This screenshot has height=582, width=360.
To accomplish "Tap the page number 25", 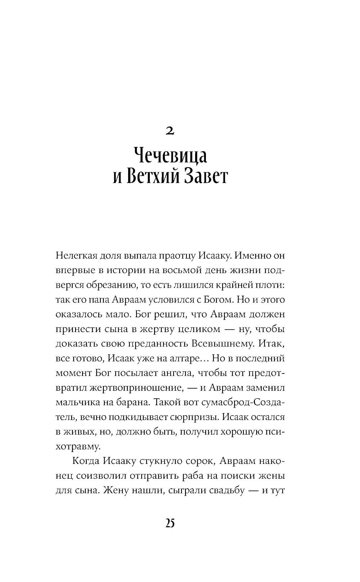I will point(170,523).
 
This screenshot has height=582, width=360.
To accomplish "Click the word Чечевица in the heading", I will point(170,157).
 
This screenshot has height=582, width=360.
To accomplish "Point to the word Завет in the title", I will point(206,177).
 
